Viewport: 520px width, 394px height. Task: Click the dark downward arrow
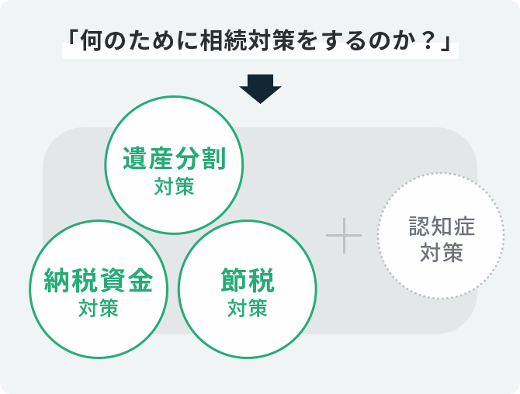pos(260,89)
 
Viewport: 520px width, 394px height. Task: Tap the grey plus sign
pos(344,236)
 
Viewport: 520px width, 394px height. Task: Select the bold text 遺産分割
pos(175,158)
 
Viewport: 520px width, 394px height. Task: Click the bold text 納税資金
pos(99,280)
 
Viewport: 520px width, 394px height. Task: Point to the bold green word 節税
pos(248,280)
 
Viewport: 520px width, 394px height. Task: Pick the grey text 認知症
pos(442,226)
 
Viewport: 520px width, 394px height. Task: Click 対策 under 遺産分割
pos(174,186)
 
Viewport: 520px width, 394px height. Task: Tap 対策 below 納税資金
pos(99,308)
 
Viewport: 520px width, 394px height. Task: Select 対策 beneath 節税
pos(248,308)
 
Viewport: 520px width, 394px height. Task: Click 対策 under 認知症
pos(442,252)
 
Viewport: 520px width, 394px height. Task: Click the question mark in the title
pos(428,41)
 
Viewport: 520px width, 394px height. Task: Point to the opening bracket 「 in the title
pos(73,37)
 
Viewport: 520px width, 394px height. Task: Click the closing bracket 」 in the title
pos(446,43)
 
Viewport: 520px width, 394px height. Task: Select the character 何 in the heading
pos(91,41)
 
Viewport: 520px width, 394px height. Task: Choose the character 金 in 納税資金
pos(140,280)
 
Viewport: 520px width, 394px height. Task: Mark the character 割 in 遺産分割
pos(214,158)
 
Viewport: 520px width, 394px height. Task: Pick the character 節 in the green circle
pos(234,280)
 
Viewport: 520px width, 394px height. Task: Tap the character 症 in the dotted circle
pos(464,226)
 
